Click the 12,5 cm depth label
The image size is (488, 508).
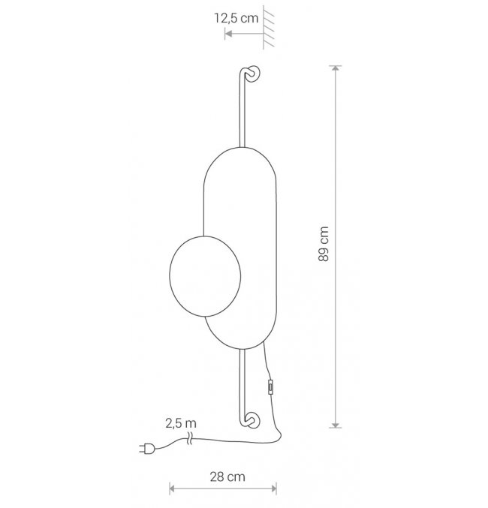pos(236,18)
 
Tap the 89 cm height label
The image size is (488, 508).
pos(324,244)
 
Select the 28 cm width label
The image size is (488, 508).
pos(227,477)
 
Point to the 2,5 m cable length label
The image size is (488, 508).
pos(181,423)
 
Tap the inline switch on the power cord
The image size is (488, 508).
pos(270,387)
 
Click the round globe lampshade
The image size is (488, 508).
pos(205,276)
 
